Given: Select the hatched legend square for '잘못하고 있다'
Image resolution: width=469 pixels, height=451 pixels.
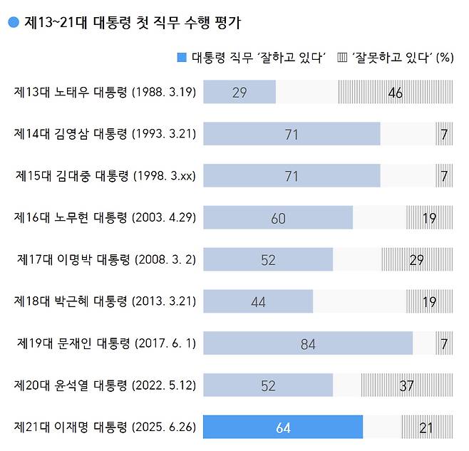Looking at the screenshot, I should pyautogui.click(x=341, y=58).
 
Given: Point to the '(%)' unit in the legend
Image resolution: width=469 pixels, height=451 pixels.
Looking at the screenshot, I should pyautogui.click(x=445, y=58).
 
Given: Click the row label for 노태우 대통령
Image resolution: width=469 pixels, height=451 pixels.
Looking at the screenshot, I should pyautogui.click(x=105, y=92).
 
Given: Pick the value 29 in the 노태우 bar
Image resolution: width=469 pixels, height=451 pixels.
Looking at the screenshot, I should pyautogui.click(x=239, y=93).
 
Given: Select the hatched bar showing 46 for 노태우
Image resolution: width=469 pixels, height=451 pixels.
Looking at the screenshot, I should pyautogui.click(x=395, y=93).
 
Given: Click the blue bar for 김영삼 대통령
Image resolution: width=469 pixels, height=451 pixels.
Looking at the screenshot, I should pyautogui.click(x=292, y=134).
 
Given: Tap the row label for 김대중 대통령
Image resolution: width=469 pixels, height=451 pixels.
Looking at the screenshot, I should pyautogui.click(x=105, y=176).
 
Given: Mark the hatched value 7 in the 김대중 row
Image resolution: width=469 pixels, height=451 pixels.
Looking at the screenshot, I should pyautogui.click(x=443, y=176).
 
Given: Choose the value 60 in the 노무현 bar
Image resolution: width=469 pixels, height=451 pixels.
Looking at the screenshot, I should pyautogui.click(x=278, y=218).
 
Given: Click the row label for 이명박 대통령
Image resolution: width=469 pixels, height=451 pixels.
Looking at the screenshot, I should pyautogui.click(x=106, y=259).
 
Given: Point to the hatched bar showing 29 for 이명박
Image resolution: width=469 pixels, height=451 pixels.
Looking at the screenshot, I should pyautogui.click(x=416, y=260).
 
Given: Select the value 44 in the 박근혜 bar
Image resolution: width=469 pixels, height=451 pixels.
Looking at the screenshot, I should pyautogui.click(x=258, y=301).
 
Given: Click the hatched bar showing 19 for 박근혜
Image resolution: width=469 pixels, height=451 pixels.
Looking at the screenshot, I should pyautogui.click(x=429, y=301).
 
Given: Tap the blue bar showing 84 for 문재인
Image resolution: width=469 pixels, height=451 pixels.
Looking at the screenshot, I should pyautogui.click(x=308, y=343).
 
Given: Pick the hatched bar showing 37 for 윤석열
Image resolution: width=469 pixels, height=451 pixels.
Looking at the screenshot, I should pyautogui.click(x=406, y=385).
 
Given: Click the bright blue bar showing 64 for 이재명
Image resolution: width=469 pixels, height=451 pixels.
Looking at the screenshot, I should pyautogui.click(x=283, y=427).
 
